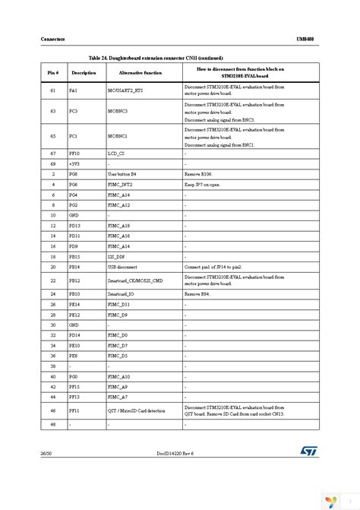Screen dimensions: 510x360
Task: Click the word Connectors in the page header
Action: click(31, 38)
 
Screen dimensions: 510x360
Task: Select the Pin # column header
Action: click(52, 72)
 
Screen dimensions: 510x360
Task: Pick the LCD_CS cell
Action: click(116, 154)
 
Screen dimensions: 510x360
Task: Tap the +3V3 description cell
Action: click(76, 163)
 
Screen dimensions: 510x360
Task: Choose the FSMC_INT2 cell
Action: click(122, 185)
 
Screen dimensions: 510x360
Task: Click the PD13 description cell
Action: click(74, 226)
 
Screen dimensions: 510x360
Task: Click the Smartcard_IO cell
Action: click(123, 293)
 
